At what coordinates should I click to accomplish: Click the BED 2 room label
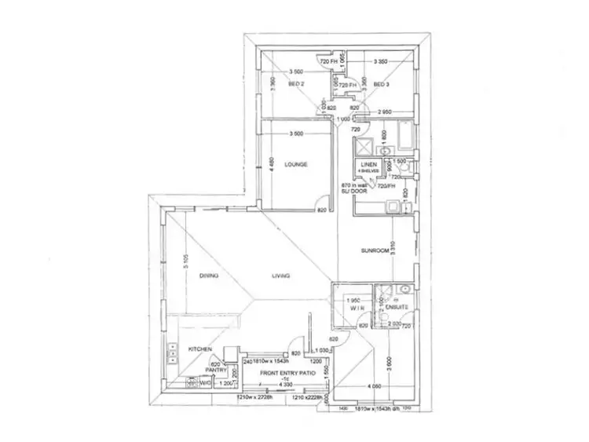[295, 84]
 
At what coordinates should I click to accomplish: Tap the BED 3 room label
[382, 84]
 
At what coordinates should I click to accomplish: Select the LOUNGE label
[296, 165]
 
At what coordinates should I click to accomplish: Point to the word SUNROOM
[375, 251]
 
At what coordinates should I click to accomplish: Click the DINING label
[208, 276]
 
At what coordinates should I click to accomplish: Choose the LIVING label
[281, 276]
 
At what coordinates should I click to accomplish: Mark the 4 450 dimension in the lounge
[270, 164]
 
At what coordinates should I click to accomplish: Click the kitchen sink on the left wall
[171, 356]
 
